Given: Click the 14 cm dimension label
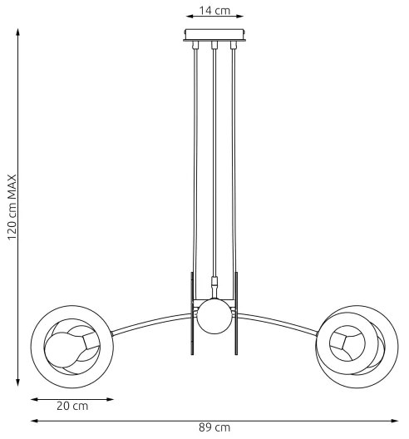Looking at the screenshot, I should [214, 10].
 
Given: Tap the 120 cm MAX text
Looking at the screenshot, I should [12, 207].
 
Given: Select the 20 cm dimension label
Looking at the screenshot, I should [72, 407].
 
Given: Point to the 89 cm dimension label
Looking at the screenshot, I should [214, 427].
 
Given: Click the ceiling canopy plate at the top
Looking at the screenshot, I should [214, 36].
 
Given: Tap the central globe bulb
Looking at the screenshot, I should [213, 316].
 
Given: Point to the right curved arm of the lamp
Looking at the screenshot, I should [278, 319].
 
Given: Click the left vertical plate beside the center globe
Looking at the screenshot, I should [192, 314].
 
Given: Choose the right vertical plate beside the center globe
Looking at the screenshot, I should [236, 314].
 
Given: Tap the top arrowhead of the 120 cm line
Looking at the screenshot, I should [17, 32].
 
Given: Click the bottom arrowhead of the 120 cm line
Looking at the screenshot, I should [17, 383].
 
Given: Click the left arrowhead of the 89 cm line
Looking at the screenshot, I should [33, 421].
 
